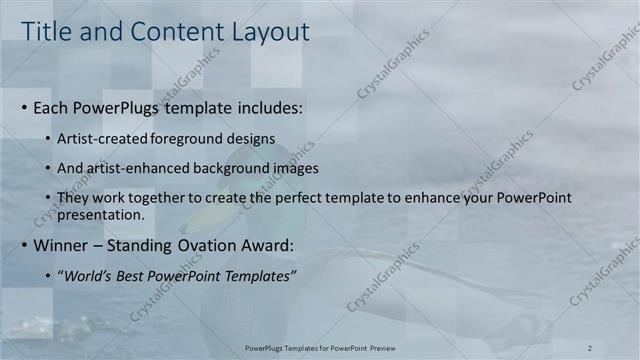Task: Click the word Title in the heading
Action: pos(47,32)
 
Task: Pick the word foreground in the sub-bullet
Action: pos(192,138)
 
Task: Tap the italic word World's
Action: pos(87,276)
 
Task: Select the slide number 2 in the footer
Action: pos(590,347)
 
